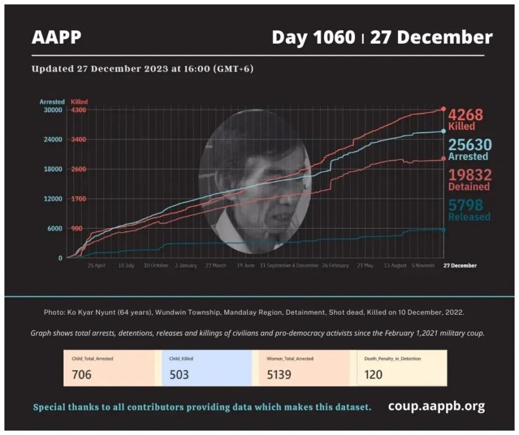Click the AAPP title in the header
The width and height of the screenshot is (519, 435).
[56, 38]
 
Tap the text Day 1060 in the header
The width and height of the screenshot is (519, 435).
[313, 38]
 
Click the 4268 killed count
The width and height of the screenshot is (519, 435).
[466, 115]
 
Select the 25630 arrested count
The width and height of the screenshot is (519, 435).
[470, 145]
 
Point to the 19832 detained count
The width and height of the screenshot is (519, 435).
[469, 175]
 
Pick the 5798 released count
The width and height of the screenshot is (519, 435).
[466, 205]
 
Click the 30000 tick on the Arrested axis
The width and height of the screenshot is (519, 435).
[52, 110]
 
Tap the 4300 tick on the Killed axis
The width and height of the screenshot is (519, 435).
[78, 110]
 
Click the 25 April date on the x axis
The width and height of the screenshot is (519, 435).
[96, 266]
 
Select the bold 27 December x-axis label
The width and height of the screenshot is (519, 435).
[460, 266]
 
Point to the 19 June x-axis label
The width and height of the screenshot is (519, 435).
[246, 266]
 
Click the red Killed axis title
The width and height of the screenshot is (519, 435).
[80, 101]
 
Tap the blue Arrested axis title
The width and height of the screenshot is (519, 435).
[51, 101]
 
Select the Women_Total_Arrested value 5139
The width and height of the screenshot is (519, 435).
[279, 374]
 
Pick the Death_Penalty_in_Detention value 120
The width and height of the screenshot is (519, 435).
[373, 374]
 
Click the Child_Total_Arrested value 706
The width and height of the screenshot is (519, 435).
[81, 374]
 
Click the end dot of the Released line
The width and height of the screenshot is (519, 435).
[443, 229]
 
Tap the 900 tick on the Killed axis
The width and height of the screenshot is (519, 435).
[77, 229]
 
